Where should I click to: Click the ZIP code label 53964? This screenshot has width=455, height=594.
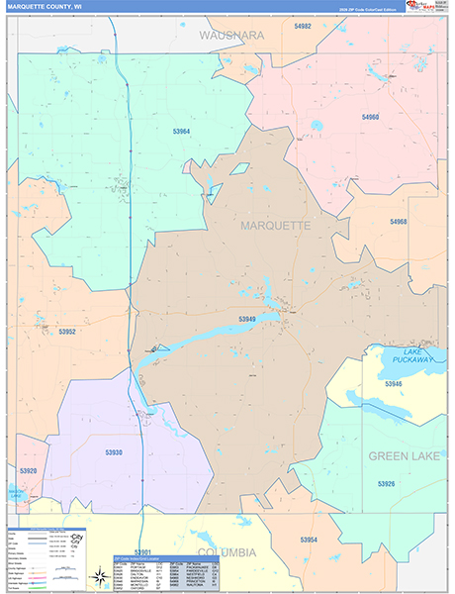[x=181, y=131]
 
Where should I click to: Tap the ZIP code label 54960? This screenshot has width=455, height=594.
[x=371, y=117]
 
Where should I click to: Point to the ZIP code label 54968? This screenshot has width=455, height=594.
[x=399, y=222]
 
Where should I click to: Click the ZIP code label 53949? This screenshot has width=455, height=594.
[x=247, y=319]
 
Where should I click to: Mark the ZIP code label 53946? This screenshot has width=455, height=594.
[x=394, y=382]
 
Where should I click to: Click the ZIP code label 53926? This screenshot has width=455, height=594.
[x=386, y=483]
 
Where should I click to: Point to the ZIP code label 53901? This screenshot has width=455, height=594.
[x=143, y=551]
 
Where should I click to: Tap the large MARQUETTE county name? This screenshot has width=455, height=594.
[x=275, y=226]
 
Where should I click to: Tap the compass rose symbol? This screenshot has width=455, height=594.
[x=99, y=576]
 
